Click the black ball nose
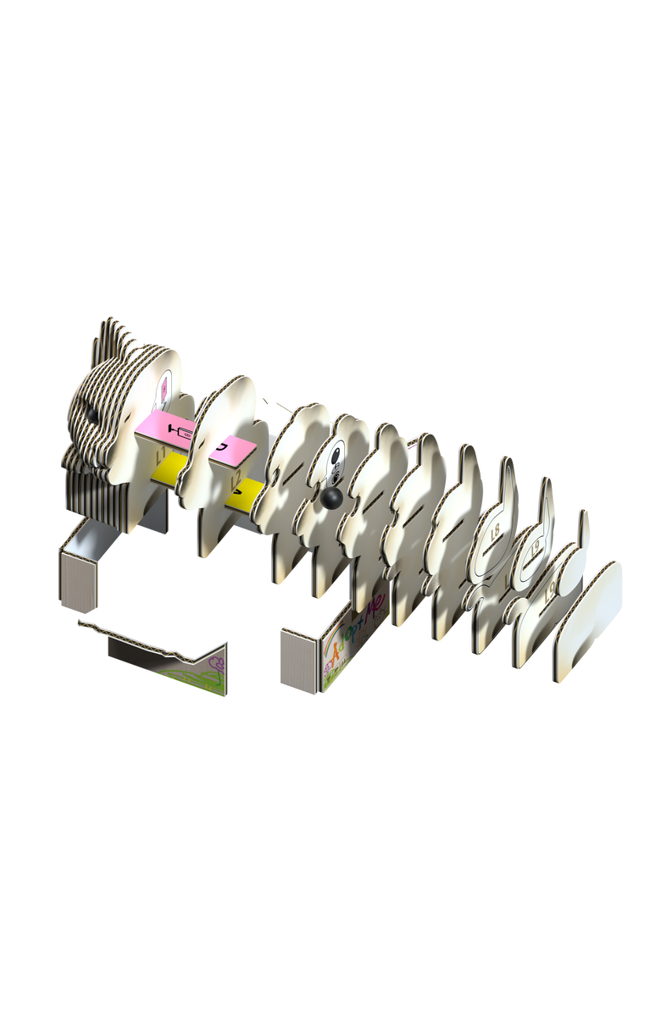(332, 499)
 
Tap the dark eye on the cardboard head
(92, 416)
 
